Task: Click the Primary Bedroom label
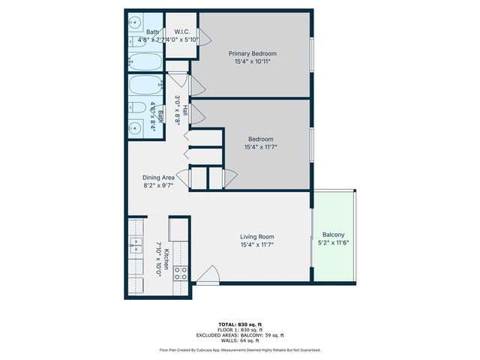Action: [253, 54]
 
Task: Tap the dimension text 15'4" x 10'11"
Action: [253, 62]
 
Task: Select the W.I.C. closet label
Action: [182, 31]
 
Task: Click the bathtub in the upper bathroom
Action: [143, 61]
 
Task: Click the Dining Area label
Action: [159, 178]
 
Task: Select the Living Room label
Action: [256, 236]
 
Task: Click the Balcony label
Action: [334, 234]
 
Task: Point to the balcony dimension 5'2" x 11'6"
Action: [334, 242]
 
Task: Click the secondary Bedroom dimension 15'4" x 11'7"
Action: [261, 147]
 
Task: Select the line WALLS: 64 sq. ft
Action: [239, 340]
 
